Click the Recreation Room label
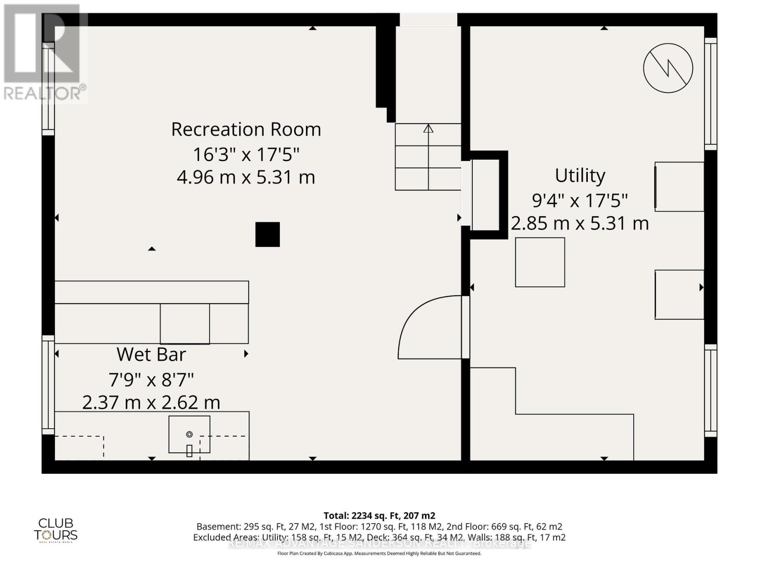pos(246,129)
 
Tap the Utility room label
pos(580,175)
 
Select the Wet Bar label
pos(151,354)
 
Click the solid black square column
pos(268,234)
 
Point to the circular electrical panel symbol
pos(668,68)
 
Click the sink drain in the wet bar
pos(189,434)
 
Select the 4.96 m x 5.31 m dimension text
pos(246,177)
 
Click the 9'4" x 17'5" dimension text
pos(580,200)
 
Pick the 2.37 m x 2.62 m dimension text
pos(151,403)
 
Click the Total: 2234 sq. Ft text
pos(379,515)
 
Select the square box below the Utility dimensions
pos(540,262)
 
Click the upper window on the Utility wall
pos(710,93)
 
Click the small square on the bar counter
pos(185,324)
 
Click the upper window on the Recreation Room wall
pos(48,89)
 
